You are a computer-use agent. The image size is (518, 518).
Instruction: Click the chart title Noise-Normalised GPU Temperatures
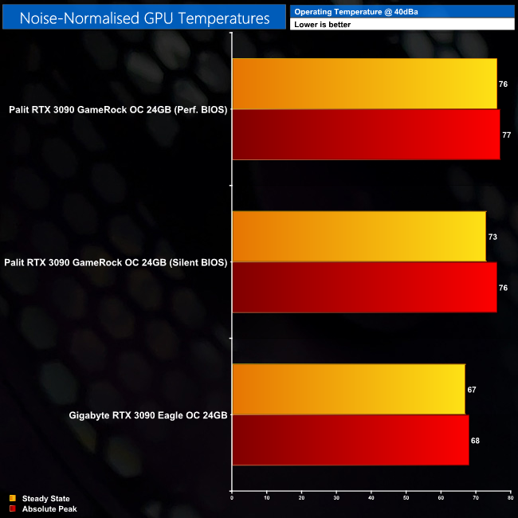click(143, 17)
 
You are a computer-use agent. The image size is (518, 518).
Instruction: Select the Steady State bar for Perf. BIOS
click(364, 84)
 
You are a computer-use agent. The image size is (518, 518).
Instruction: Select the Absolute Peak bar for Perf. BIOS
click(366, 135)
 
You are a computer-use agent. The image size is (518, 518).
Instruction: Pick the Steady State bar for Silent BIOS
click(359, 237)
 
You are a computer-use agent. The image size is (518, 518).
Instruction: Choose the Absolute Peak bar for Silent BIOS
click(364, 288)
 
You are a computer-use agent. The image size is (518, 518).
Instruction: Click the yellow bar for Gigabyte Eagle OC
click(348, 390)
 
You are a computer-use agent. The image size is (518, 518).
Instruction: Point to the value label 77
click(507, 135)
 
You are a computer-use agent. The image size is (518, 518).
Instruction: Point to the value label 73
click(493, 237)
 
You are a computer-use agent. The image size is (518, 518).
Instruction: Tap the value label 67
click(473, 390)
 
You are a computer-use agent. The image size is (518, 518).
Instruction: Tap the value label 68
click(476, 441)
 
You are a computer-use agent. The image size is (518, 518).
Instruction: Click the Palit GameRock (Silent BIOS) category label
click(116, 262)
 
